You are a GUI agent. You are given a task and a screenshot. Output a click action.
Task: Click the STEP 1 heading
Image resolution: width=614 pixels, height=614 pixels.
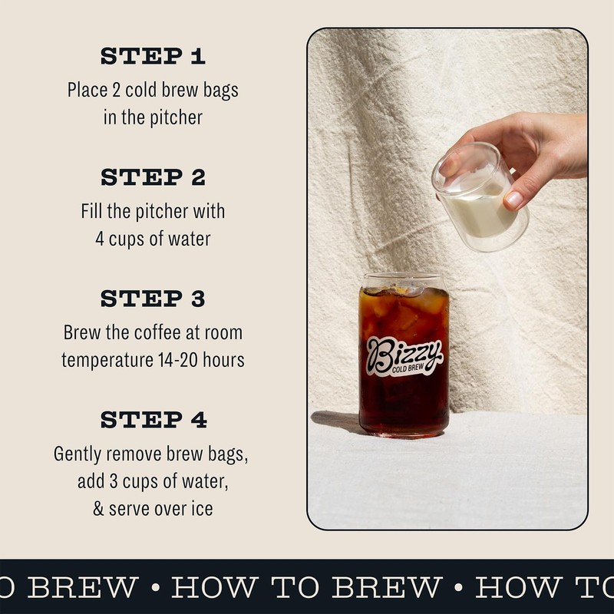click(x=153, y=56)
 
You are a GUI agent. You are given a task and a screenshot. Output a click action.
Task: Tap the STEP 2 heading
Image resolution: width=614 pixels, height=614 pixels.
click(x=153, y=177)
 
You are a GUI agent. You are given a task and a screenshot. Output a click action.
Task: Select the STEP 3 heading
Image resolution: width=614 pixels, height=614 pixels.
click(x=153, y=299)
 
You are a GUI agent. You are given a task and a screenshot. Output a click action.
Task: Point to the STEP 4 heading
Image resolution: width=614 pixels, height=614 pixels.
click(x=153, y=420)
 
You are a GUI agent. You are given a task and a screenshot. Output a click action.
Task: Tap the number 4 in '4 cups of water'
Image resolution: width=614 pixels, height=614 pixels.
click(x=100, y=239)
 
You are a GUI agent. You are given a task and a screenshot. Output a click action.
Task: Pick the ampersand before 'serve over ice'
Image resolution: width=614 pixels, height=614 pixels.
click(x=98, y=509)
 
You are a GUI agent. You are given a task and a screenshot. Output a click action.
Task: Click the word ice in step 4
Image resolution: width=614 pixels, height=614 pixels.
click(x=203, y=509)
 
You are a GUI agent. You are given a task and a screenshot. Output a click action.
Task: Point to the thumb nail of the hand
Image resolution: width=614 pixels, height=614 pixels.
click(x=513, y=200)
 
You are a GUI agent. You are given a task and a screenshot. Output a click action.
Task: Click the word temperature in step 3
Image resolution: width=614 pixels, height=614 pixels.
click(x=103, y=359)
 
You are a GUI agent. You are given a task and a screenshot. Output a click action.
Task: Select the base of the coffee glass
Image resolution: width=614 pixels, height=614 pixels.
click(x=404, y=431)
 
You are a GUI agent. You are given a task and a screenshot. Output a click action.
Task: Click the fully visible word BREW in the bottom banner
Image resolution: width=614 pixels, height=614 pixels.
click(x=386, y=587)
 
